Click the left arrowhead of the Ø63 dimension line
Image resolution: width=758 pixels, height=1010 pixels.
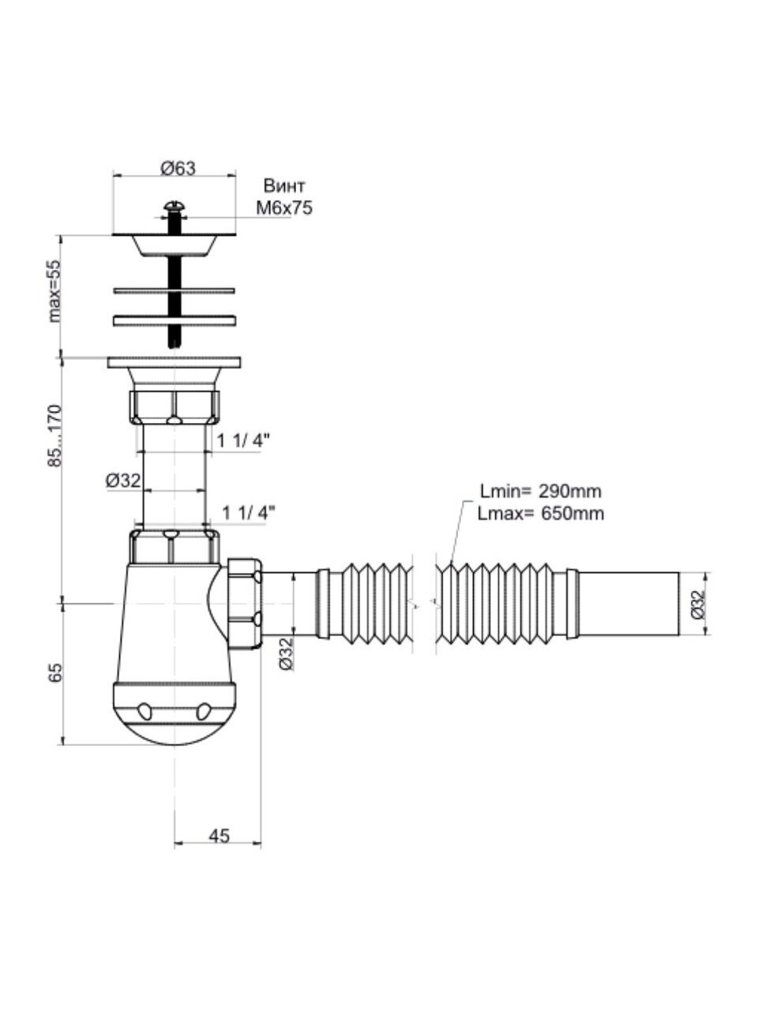(114, 175)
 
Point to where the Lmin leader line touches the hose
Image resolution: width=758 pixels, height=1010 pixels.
(451, 563)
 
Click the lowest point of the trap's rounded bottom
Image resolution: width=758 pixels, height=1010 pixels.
(174, 745)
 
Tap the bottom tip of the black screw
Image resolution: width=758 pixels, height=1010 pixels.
(174, 347)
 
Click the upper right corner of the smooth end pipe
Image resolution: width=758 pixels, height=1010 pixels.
(679, 572)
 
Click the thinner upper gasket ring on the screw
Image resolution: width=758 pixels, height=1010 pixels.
(174, 291)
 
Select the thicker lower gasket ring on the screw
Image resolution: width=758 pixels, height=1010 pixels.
(174, 320)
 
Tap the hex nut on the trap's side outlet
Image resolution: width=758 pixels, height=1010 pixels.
(245, 604)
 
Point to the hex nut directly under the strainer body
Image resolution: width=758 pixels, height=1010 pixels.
(174, 407)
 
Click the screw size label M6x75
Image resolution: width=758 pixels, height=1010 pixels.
(284, 208)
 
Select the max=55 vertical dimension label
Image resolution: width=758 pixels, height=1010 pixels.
(54, 291)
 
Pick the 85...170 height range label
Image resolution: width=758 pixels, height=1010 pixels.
(54, 436)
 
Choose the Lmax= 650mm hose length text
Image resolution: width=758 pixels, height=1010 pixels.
(541, 513)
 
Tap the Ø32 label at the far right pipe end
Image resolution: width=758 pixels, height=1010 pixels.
(699, 604)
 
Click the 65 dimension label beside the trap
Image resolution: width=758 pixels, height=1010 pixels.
(55, 672)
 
